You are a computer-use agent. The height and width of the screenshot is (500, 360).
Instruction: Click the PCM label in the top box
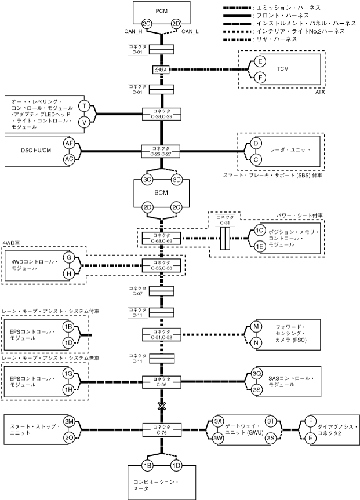point(161,11)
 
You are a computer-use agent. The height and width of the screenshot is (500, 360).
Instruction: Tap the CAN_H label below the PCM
point(136,31)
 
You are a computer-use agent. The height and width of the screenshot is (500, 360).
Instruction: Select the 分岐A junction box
point(161,70)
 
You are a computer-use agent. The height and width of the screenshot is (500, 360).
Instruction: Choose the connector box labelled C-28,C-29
point(161,114)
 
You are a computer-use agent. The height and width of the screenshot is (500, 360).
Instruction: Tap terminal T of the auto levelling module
point(85,106)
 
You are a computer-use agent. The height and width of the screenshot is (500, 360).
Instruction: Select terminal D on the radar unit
point(254,143)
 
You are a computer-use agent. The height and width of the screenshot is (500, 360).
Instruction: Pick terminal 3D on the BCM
point(177,180)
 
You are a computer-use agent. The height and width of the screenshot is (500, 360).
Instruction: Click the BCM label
point(161,193)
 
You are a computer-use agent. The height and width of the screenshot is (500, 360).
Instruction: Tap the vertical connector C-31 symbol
point(225,238)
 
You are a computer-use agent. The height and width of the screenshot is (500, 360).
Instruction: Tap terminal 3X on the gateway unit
point(218,421)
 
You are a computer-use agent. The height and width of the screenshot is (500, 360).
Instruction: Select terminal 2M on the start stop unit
point(69,421)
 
